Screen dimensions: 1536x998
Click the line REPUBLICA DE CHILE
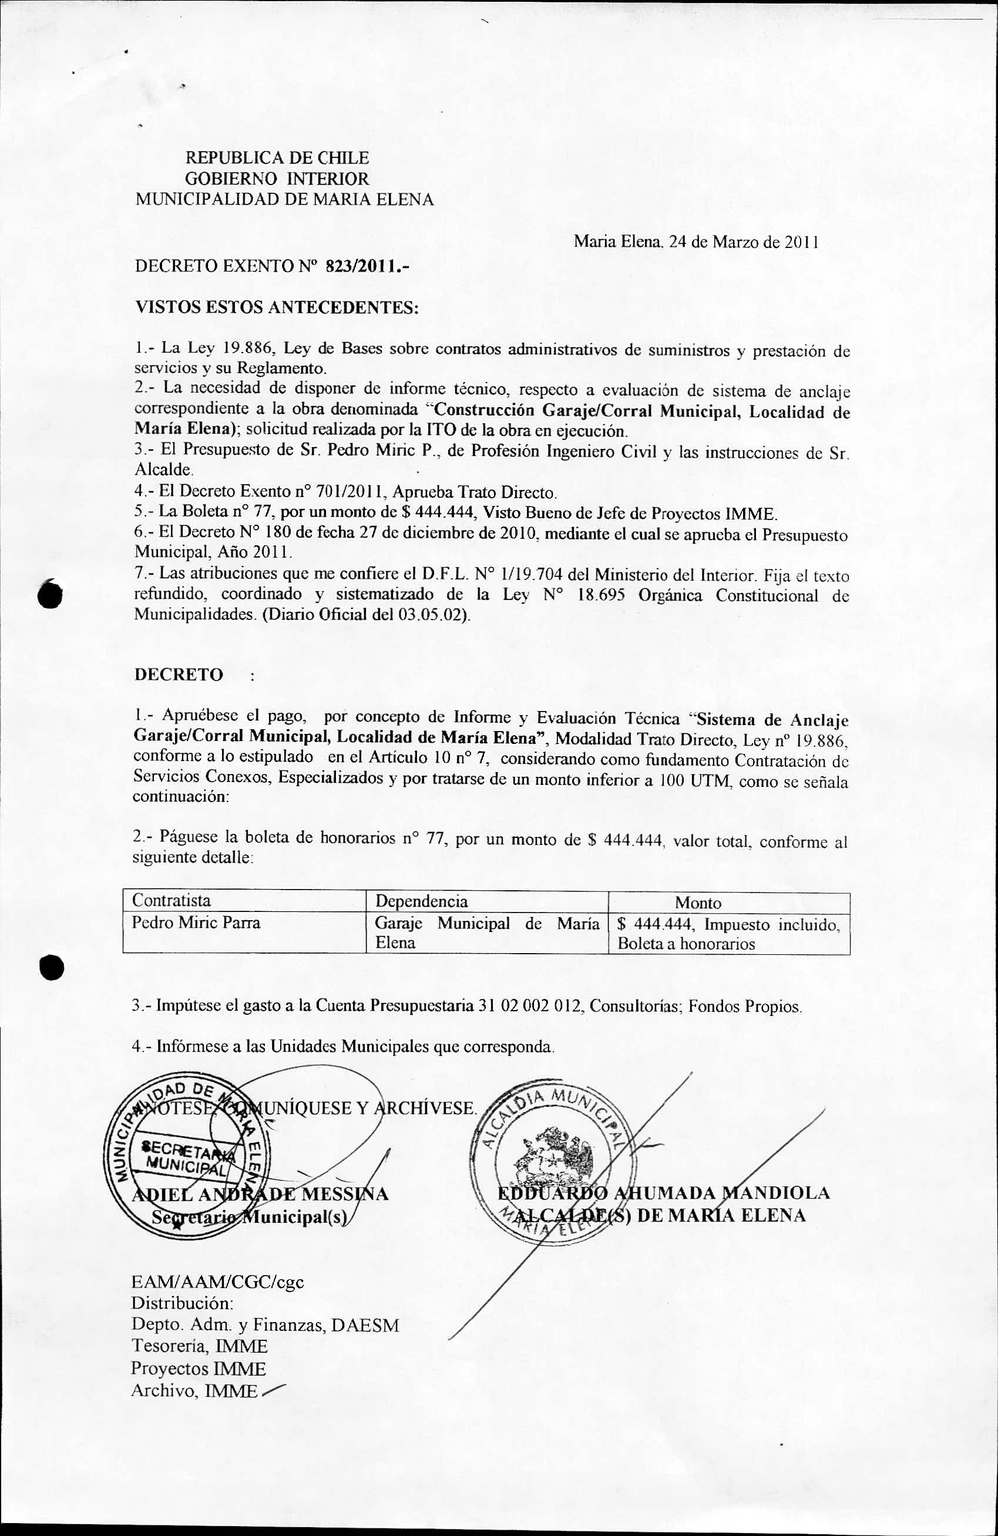277,157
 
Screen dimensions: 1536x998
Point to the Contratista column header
172,900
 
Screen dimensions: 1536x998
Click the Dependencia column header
421,901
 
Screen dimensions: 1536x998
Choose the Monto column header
698,902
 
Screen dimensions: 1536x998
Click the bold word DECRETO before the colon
179,675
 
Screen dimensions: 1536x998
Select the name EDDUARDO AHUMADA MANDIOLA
663,1193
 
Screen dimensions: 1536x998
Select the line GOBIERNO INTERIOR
277,178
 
